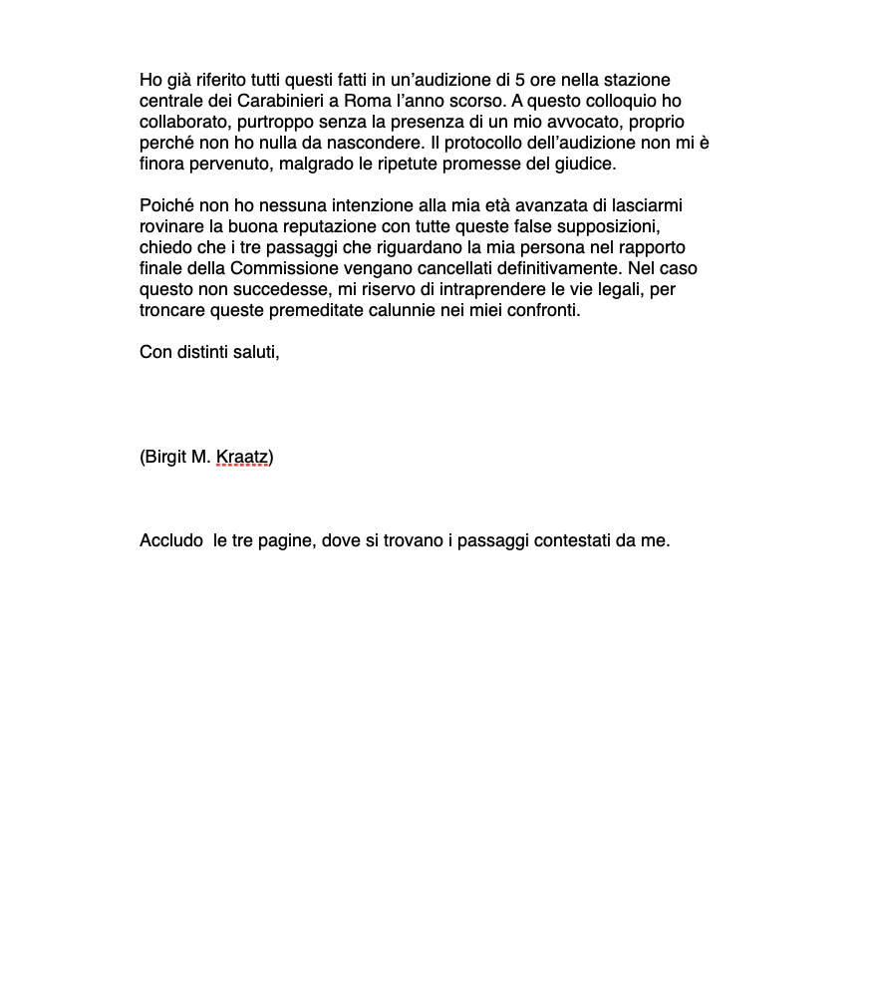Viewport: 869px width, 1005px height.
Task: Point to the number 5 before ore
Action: pos(519,80)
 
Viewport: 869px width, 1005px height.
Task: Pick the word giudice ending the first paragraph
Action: pos(588,164)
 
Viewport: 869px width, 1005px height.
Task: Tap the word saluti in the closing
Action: pos(254,352)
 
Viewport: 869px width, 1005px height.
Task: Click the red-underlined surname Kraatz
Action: pos(242,458)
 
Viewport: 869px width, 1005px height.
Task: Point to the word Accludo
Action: pos(170,541)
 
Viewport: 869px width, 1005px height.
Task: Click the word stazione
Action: pos(636,80)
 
